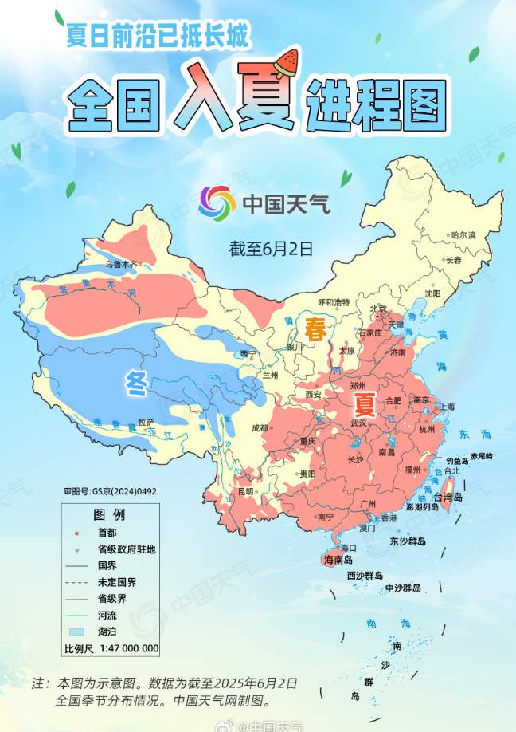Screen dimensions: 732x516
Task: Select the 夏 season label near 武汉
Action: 364,403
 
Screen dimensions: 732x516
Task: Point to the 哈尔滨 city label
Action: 463,235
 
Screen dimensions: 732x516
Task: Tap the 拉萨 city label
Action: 145,422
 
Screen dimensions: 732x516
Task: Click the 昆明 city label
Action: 245,491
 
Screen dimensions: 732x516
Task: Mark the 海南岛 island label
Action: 338,561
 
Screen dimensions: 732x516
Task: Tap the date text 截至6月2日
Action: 269,248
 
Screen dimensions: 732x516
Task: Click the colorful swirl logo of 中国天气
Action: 217,204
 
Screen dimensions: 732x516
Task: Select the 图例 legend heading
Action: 109,513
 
